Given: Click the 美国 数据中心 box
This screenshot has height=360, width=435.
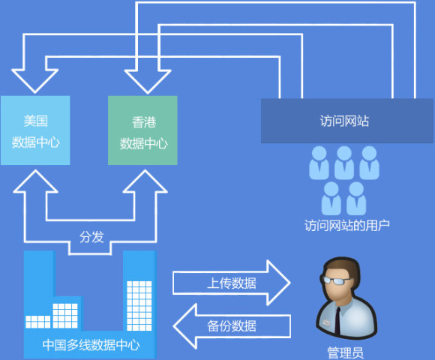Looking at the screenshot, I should tap(35, 130).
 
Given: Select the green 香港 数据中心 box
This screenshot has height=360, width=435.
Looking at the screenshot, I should tap(143, 130).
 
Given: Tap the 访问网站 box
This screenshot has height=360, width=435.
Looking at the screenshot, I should tap(346, 121).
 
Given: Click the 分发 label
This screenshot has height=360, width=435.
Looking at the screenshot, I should tap(91, 236).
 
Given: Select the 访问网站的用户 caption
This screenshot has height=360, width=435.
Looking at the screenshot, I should tap(347, 224).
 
